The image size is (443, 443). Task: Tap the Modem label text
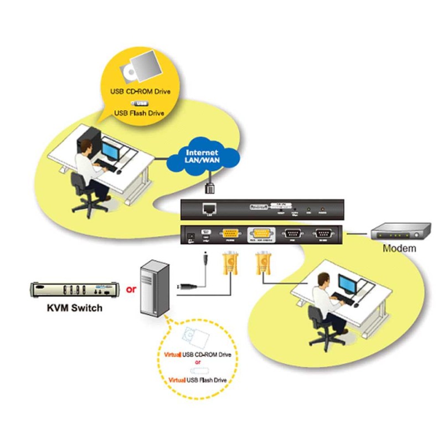(399, 248)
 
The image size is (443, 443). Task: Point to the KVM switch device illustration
(74, 289)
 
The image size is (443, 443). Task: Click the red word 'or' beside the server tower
(131, 289)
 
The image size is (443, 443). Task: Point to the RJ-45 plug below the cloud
(210, 186)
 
